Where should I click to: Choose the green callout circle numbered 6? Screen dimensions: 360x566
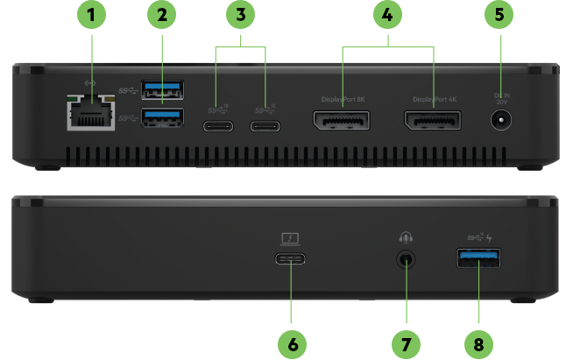click(x=292, y=342)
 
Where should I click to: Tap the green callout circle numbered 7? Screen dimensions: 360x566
click(x=405, y=342)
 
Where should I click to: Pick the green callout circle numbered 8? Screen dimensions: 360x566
click(x=478, y=342)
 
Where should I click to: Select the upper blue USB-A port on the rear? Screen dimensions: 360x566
click(x=162, y=88)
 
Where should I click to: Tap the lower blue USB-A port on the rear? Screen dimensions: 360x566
click(x=162, y=117)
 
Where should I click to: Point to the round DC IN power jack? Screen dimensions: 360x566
click(x=500, y=125)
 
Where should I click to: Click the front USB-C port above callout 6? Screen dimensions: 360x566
click(x=292, y=259)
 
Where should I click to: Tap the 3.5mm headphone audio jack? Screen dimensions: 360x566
click(x=405, y=259)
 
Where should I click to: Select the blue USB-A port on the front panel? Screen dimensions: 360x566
click(x=478, y=260)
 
